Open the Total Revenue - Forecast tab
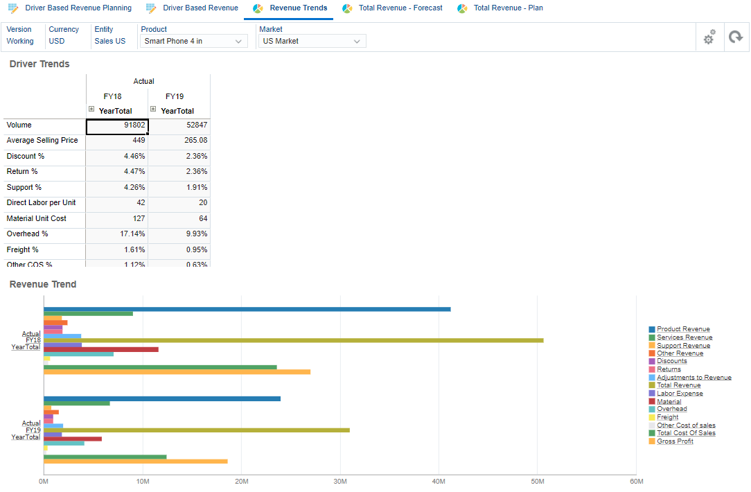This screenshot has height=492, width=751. pyautogui.click(x=400, y=8)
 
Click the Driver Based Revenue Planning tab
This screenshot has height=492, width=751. pyautogui.click(x=78, y=8)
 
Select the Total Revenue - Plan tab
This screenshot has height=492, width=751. pyautogui.click(x=508, y=8)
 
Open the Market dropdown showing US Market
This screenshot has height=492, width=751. pyautogui.click(x=312, y=42)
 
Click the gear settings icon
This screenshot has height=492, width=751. pyautogui.click(x=709, y=38)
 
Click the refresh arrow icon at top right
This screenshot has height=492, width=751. pyautogui.click(x=735, y=38)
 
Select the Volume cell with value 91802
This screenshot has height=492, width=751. pyautogui.click(x=116, y=125)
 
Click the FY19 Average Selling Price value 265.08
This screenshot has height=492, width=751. pyautogui.click(x=179, y=141)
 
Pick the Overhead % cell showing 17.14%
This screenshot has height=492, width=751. pyautogui.click(x=116, y=234)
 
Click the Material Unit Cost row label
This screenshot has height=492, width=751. pyautogui.click(x=36, y=218)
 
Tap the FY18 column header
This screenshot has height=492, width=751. pyautogui.click(x=112, y=96)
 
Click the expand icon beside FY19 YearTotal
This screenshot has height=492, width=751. pyautogui.click(x=153, y=109)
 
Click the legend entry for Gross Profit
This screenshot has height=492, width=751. pyautogui.click(x=675, y=441)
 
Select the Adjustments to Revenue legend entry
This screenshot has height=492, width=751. pyautogui.click(x=693, y=378)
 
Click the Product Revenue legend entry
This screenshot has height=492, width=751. pyautogui.click(x=682, y=330)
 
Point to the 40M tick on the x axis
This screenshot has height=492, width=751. pyautogui.click(x=439, y=482)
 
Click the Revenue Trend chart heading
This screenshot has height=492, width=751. pyautogui.click(x=43, y=285)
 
